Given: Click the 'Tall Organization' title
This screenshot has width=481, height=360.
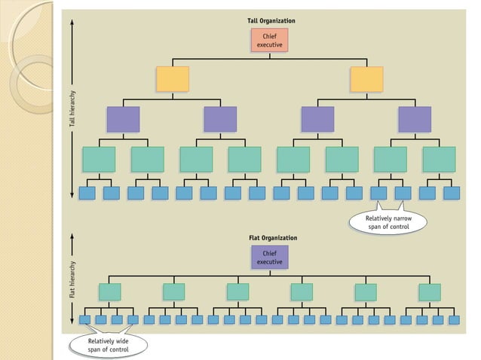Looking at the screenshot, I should coord(271,20).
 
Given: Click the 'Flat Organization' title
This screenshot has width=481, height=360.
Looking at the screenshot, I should coord(272,238).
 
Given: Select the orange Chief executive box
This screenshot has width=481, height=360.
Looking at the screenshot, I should coord(270,40).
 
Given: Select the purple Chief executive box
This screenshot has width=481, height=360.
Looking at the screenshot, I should coord(270,257).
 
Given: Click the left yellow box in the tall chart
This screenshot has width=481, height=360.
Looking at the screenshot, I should coord(173,79).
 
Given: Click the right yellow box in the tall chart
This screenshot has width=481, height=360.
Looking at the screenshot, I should coord(366,79).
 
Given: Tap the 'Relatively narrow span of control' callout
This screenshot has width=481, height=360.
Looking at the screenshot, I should coord(388,222).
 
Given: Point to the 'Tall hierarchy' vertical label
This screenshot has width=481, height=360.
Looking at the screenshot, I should coord(67,109).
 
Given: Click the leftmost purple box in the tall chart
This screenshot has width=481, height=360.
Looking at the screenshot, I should coord(124,119).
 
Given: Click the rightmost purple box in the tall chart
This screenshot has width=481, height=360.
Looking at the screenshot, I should coord(415,119).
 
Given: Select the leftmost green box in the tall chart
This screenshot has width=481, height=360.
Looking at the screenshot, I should coord(99,159).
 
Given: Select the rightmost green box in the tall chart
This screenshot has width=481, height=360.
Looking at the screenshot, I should coord(439,159).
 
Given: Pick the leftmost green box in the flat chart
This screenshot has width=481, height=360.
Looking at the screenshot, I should coord(110,291).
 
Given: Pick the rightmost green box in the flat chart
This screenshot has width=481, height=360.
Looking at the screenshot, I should coord(430,291).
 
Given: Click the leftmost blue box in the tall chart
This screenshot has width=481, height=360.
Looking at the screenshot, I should coord(87,193).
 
